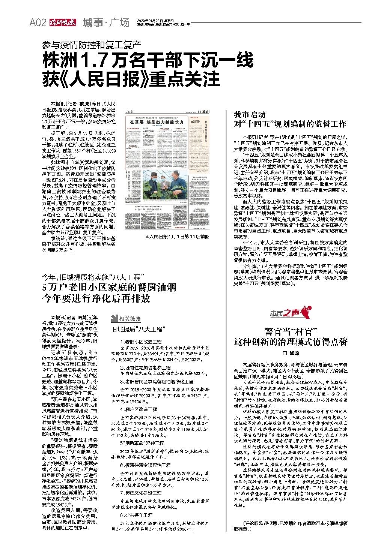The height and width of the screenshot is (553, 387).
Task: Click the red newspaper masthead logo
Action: pyautogui.click(x=62, y=23)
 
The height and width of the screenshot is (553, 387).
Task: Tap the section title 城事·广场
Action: pyautogui.click(x=105, y=23)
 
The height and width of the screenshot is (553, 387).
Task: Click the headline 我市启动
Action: pyautogui.click(x=250, y=114)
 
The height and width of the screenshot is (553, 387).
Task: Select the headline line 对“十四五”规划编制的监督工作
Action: pyautogui.click(x=290, y=124)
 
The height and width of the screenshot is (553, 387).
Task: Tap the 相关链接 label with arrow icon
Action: pyautogui.click(x=126, y=319)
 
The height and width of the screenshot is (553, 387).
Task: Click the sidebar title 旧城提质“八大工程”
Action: pyautogui.click(x=139, y=330)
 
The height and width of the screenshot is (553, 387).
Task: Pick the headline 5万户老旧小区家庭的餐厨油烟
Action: pyautogui.click(x=109, y=288)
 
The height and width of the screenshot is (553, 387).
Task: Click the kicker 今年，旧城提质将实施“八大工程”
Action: pyautogui.click(x=94, y=277)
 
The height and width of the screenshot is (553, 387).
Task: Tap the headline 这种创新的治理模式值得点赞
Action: pyautogui.click(x=291, y=342)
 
